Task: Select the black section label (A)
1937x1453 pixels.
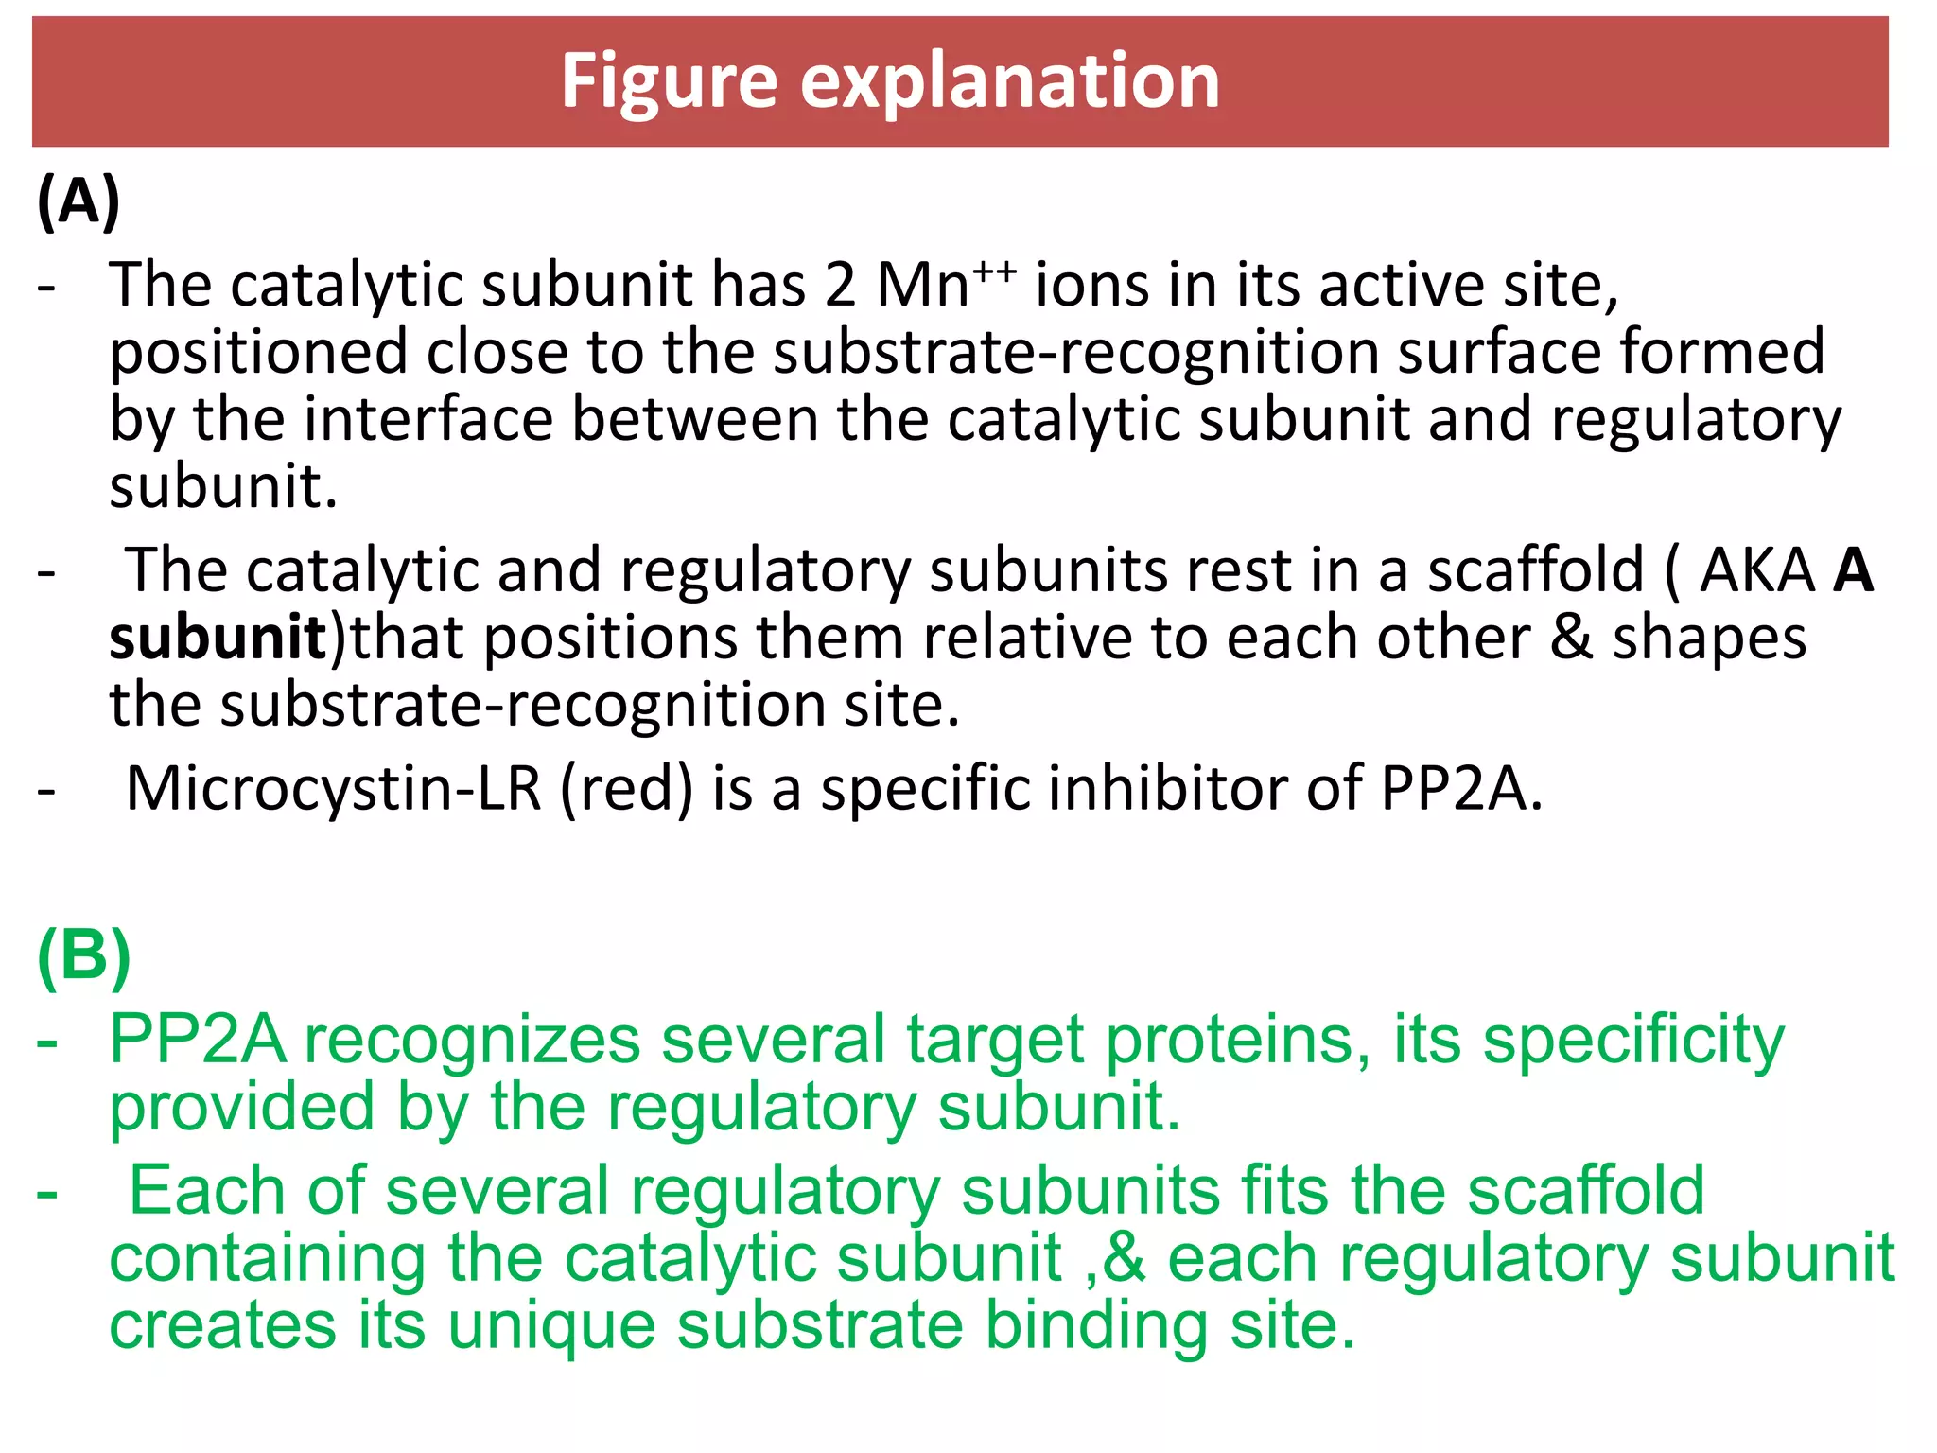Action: [79, 201]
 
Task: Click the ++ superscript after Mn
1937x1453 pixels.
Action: [995, 272]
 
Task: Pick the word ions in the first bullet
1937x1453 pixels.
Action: [1091, 285]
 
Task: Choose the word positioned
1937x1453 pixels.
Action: [257, 353]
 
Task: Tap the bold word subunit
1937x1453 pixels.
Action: [218, 638]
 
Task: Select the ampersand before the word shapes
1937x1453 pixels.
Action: [1571, 638]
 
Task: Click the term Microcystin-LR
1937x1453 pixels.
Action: [334, 788]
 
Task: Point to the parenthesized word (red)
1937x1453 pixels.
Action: [627, 788]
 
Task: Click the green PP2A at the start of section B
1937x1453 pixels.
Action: [197, 1041]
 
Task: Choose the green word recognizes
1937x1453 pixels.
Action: [472, 1041]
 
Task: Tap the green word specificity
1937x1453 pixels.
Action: [1633, 1041]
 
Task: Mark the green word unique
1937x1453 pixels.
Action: [551, 1325]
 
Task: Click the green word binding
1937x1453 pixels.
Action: [1096, 1325]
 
